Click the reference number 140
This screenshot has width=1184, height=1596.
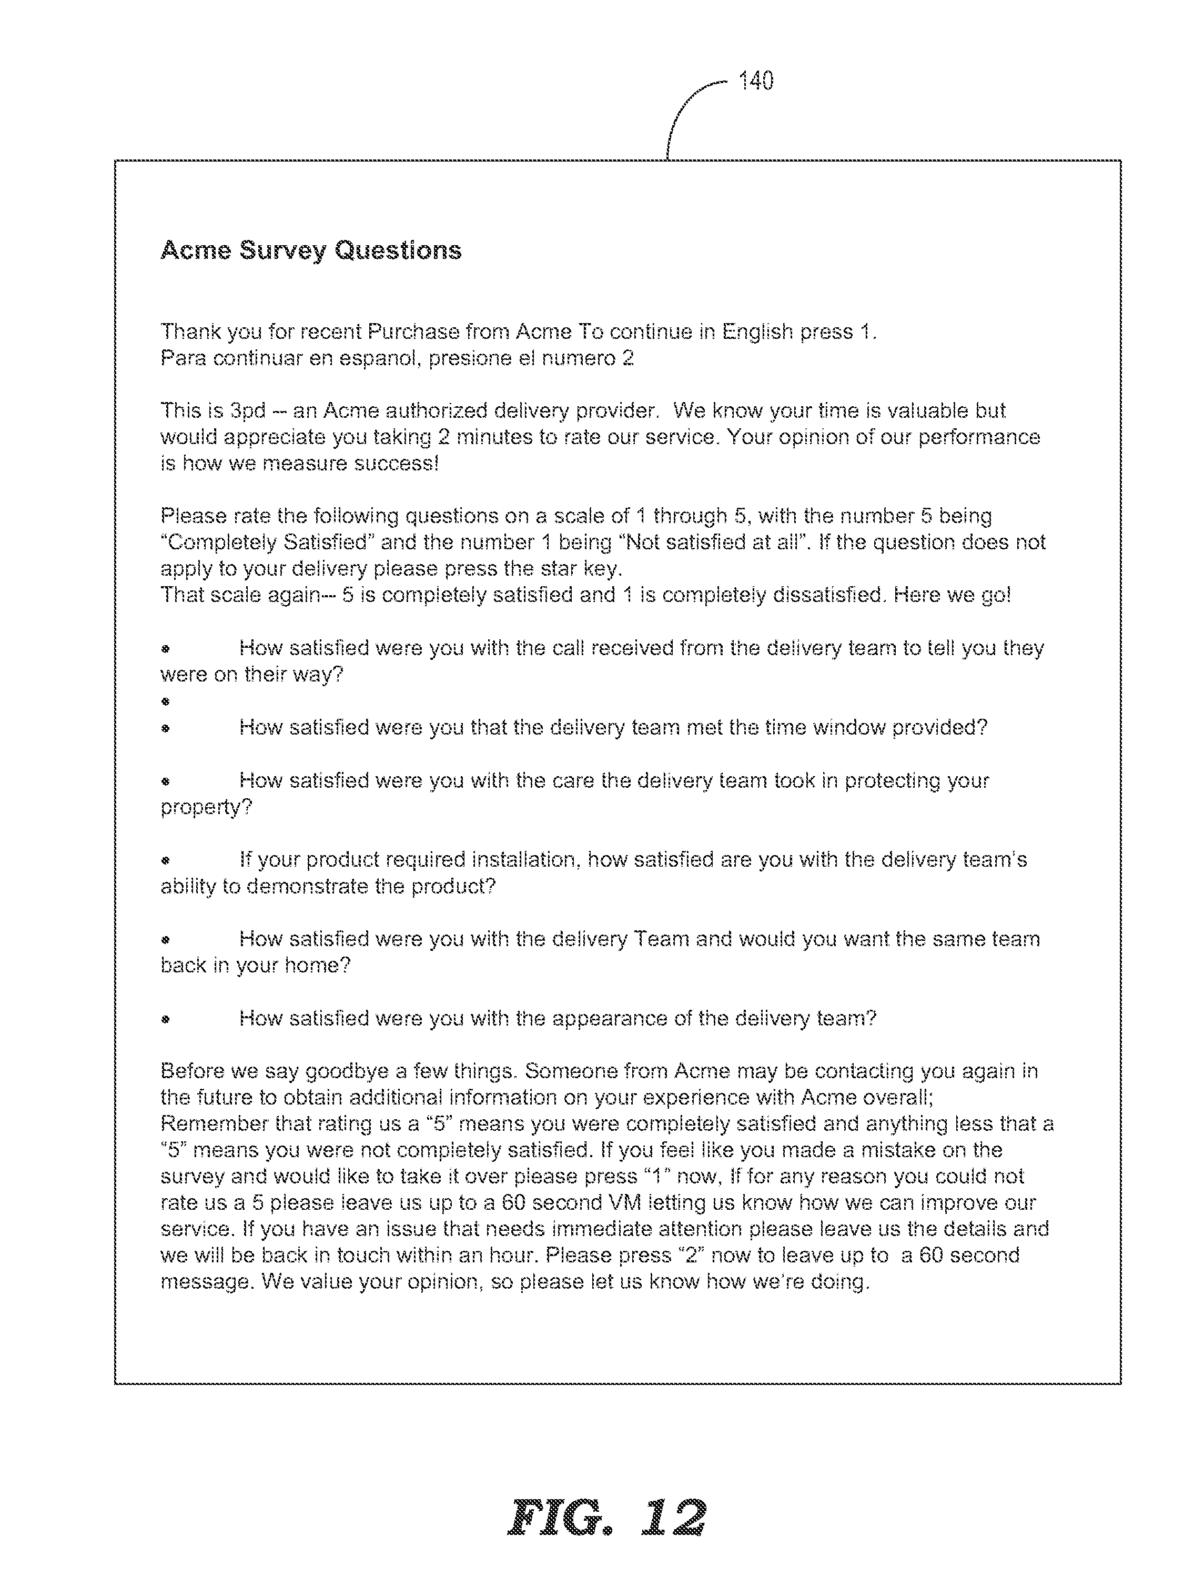coord(756,81)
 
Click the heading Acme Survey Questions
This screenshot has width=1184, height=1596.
coord(311,250)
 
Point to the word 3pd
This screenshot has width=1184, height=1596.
coord(248,411)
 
